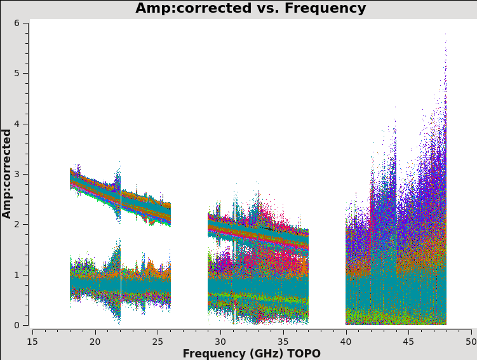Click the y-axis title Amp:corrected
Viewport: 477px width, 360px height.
click(7, 173)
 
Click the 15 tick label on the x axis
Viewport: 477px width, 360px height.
click(32, 341)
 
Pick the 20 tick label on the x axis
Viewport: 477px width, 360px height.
click(95, 341)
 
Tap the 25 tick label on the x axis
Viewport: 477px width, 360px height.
click(158, 341)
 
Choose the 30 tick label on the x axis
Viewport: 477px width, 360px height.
click(220, 341)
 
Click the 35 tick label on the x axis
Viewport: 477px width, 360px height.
click(283, 341)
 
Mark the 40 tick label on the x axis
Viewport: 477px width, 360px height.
click(346, 341)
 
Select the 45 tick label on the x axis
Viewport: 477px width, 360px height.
click(408, 341)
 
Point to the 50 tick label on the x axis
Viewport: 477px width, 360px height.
click(471, 341)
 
